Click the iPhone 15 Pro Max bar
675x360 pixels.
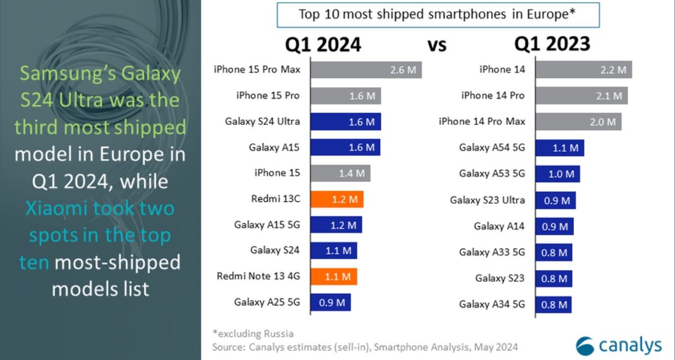(x=366, y=70)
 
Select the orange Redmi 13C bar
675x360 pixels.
(x=336, y=199)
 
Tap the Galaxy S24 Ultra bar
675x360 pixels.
(x=345, y=121)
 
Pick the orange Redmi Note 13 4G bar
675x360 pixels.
(x=333, y=276)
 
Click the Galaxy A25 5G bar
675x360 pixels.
(x=330, y=302)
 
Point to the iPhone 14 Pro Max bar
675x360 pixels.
(x=578, y=121)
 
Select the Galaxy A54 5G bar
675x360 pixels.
(x=560, y=148)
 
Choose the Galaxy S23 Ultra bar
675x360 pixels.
(x=555, y=200)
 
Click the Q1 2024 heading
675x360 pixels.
(x=323, y=44)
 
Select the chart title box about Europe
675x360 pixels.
(x=438, y=15)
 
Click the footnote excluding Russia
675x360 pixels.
(x=253, y=334)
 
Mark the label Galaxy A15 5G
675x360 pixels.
(x=267, y=225)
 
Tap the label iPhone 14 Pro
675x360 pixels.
(x=493, y=96)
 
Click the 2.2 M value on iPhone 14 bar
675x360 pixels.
(x=613, y=70)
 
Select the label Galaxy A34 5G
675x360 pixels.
(x=492, y=304)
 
